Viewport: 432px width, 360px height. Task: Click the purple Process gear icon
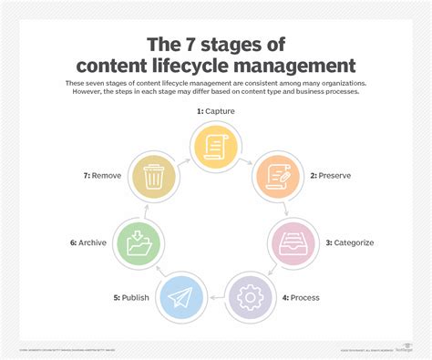pyautogui.click(x=250, y=296)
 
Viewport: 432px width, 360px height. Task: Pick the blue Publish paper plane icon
pyautogui.click(x=180, y=296)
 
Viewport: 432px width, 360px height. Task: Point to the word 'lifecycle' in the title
pyautogui.click(x=190, y=66)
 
